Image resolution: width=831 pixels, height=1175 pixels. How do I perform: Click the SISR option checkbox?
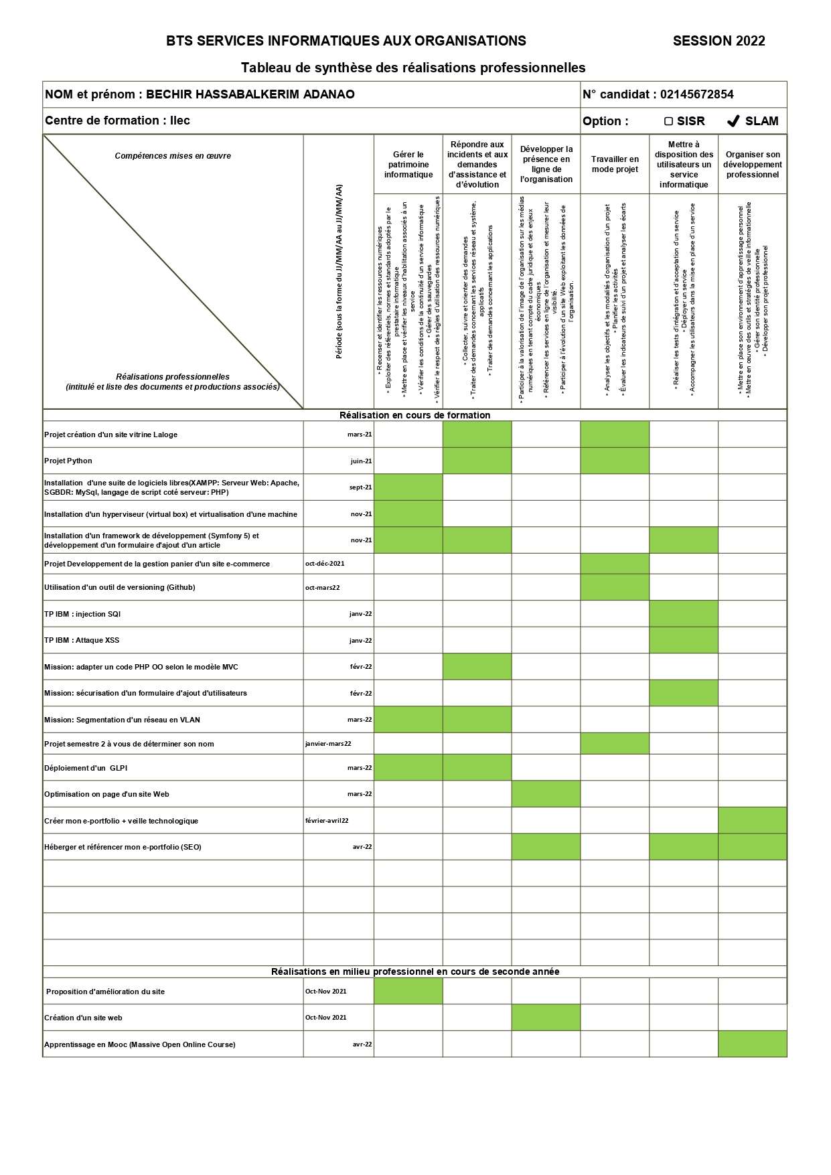click(668, 121)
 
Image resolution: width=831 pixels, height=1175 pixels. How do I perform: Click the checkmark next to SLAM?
click(733, 121)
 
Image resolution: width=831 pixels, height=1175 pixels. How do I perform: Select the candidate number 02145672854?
click(696, 94)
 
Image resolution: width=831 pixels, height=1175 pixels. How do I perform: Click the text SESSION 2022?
click(719, 41)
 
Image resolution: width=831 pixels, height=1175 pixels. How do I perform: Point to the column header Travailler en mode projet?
click(615, 164)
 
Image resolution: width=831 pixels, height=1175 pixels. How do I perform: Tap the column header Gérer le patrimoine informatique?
click(408, 164)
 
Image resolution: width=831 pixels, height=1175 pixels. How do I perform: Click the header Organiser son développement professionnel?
click(753, 164)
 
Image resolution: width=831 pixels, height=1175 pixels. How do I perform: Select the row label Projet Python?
click(68, 461)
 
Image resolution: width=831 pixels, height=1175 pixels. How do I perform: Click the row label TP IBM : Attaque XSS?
click(82, 640)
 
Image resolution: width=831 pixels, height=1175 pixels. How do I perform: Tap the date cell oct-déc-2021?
click(325, 564)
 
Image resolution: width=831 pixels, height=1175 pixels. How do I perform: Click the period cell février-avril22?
click(327, 820)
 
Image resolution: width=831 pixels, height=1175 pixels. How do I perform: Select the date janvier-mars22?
click(328, 744)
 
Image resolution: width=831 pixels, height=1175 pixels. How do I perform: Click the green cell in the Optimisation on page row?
click(546, 794)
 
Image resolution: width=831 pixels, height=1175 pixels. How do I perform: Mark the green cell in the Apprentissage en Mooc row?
click(752, 1044)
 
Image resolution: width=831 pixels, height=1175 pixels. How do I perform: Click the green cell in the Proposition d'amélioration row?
click(408, 991)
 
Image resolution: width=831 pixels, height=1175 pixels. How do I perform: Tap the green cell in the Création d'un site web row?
click(546, 1017)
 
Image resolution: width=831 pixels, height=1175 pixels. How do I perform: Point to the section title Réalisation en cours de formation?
click(414, 415)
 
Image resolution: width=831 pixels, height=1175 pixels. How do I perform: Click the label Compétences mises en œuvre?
click(173, 156)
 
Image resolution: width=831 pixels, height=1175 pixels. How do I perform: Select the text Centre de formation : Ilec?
click(118, 121)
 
